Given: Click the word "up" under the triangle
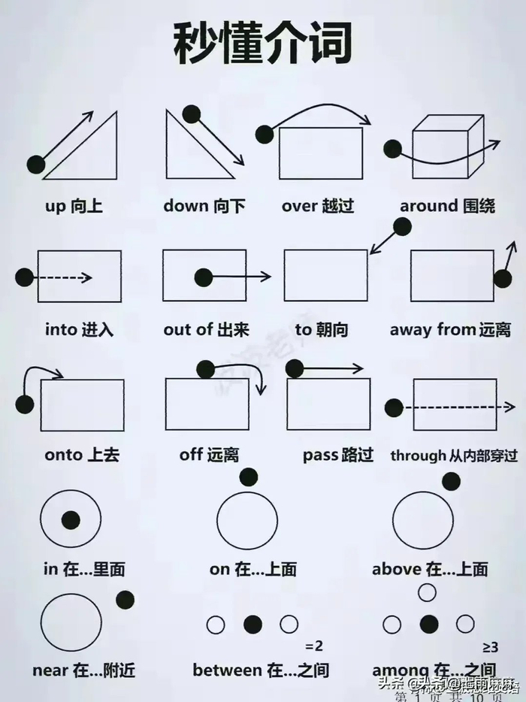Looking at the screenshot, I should point(56,205).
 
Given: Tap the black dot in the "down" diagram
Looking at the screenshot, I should point(191,114).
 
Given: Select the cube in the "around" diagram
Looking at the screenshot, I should point(446,147).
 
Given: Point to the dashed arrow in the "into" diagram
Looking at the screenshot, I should point(63,277).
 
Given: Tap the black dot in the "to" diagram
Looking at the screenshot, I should point(402,226).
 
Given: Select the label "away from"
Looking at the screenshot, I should point(433,329).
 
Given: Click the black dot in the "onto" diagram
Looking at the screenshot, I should point(25,404).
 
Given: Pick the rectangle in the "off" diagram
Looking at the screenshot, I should point(207,404).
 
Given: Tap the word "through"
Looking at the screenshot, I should point(417,455).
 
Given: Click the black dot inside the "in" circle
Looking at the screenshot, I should point(71,519).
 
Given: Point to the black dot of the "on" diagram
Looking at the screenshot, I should point(248,477).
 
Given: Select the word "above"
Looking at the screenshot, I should point(397,569).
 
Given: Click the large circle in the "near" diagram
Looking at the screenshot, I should point(71,622).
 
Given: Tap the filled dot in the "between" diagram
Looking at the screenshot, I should point(253,624).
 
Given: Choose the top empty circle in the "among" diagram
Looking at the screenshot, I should point(427,592).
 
